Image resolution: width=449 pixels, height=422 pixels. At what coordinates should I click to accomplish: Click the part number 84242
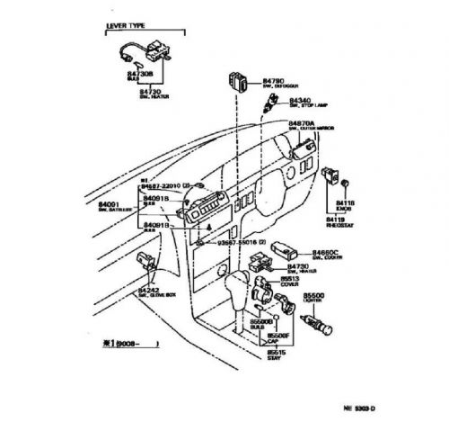[x=148, y=291]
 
